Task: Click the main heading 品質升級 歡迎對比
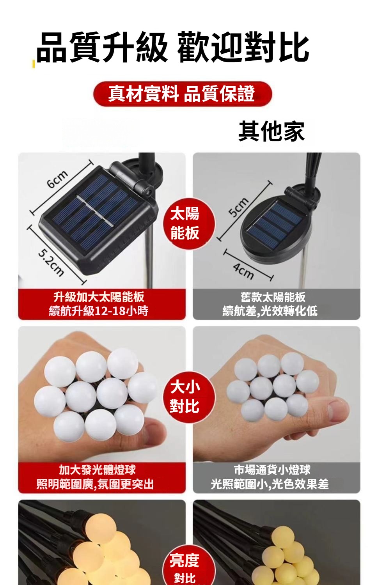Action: click(x=173, y=47)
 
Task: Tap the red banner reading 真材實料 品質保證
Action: click(x=183, y=94)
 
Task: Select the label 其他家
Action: click(x=272, y=131)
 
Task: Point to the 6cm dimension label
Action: click(x=57, y=179)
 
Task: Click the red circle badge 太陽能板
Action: click(x=189, y=223)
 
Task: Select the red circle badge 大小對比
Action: click(x=189, y=397)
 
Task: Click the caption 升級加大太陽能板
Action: click(x=99, y=297)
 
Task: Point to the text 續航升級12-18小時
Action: click(x=99, y=311)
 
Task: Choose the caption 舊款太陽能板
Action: click(x=273, y=297)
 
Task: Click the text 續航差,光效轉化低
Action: click(x=270, y=311)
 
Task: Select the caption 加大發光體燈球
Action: click(x=97, y=470)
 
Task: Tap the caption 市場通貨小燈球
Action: click(x=272, y=470)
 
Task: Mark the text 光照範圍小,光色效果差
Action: click(x=270, y=484)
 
